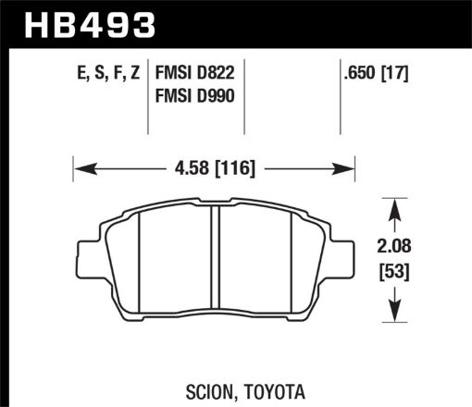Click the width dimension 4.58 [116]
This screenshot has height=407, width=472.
click(x=214, y=168)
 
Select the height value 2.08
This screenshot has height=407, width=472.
click(x=396, y=249)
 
